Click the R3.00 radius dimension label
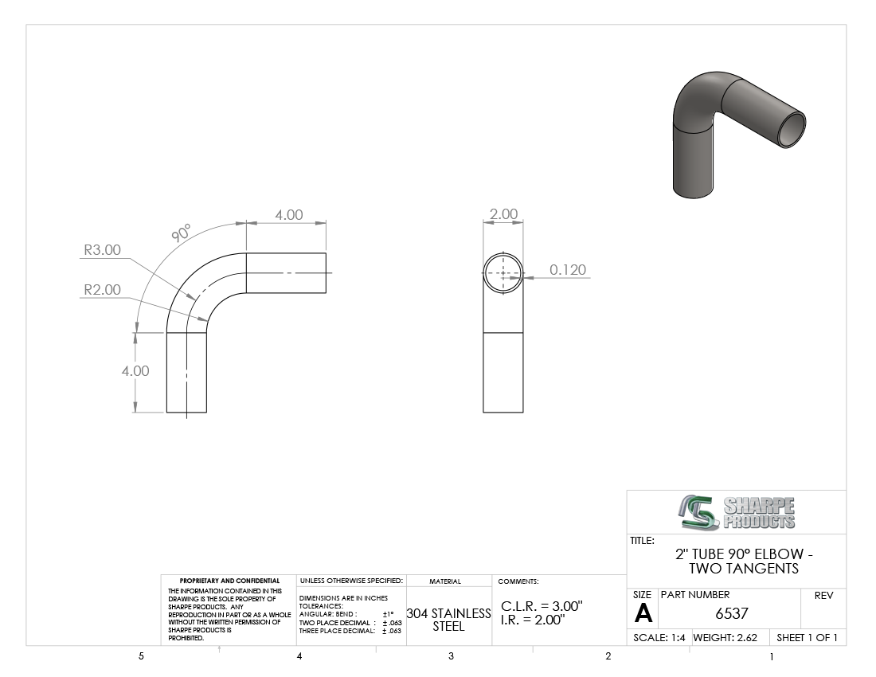coord(102,249)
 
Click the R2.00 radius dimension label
coord(102,289)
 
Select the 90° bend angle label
coord(181,233)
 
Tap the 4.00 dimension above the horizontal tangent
coord(289,215)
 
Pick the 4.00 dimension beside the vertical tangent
coord(135,371)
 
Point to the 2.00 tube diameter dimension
coord(503,214)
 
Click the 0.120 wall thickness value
coord(568,270)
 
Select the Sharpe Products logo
coord(737,512)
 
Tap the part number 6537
coord(731,613)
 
